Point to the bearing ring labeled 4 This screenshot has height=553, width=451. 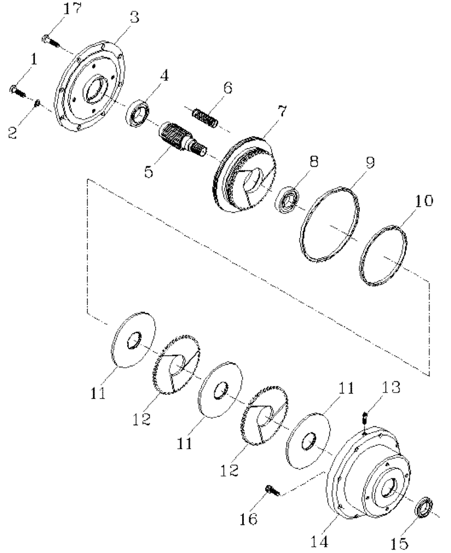pyautogui.click(x=137, y=114)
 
